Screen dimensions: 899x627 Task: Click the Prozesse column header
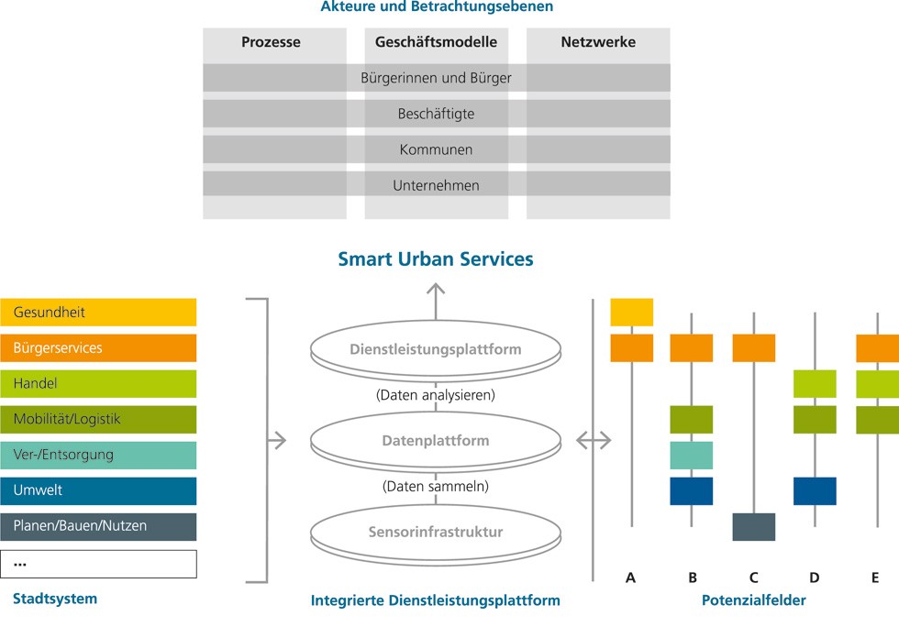coord(271,42)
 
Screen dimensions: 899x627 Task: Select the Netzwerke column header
coord(598,42)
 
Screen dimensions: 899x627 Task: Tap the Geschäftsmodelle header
coord(436,42)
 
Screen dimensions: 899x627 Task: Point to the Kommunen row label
coord(436,149)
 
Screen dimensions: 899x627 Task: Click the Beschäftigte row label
coord(436,114)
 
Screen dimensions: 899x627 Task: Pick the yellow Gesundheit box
coord(98,313)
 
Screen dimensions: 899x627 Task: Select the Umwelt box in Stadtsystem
coord(98,491)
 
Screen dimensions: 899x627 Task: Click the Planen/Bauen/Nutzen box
coord(98,527)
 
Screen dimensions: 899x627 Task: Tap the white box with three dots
coord(98,564)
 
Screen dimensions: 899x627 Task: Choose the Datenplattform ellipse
coord(436,441)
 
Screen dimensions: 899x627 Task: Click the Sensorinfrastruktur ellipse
coord(436,533)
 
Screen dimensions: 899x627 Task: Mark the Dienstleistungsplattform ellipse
coord(436,349)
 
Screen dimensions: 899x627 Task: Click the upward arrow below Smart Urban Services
coord(436,302)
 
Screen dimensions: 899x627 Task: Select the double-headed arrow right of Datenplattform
coord(594,441)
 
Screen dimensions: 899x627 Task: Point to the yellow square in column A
coord(632,313)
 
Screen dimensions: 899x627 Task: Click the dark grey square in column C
coord(754,527)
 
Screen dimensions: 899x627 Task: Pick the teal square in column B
coord(692,456)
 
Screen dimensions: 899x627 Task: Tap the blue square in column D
coord(815,491)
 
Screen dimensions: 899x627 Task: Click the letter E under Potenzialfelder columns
coord(875,577)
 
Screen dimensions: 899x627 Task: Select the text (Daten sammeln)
coord(436,487)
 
